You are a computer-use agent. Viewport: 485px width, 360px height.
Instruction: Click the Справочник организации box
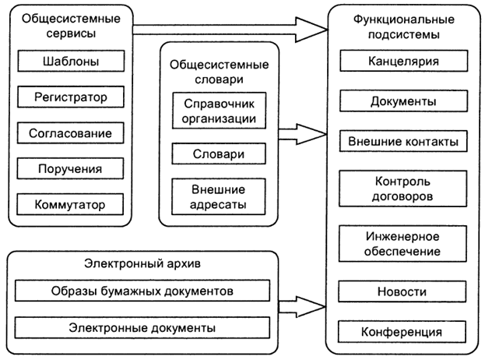(x=219, y=111)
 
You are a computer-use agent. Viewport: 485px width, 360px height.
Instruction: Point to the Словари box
(x=219, y=154)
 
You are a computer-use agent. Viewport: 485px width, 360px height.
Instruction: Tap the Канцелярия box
(x=402, y=61)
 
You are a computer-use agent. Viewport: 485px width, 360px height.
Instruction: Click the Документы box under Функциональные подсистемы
(x=402, y=101)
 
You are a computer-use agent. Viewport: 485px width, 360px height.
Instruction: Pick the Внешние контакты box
(x=402, y=143)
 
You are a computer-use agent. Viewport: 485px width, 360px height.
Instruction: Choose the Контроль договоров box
(x=402, y=189)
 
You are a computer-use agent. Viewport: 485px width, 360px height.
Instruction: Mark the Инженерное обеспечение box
(x=402, y=244)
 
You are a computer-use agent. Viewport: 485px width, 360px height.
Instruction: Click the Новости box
(x=402, y=292)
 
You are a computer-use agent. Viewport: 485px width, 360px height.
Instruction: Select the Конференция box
(x=402, y=333)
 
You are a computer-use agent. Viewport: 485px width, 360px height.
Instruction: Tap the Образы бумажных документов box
(x=144, y=291)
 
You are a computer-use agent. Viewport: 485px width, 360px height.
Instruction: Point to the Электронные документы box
(x=144, y=327)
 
